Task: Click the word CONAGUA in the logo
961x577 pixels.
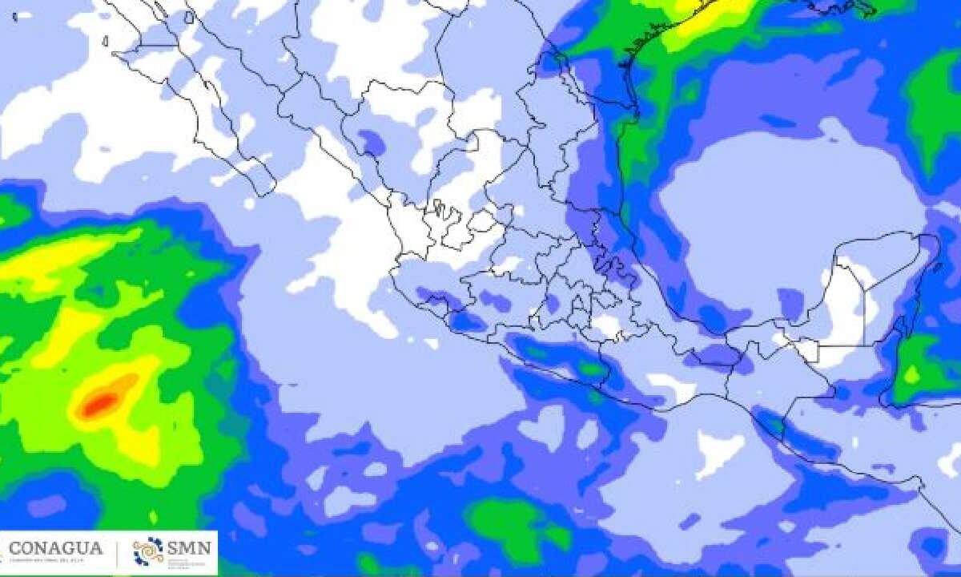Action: [55, 548]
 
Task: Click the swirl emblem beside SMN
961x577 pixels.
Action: [148, 551]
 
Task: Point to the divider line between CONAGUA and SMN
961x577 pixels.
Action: [119, 552]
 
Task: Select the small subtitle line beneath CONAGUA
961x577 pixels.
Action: [55, 562]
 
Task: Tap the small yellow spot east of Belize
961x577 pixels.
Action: [911, 373]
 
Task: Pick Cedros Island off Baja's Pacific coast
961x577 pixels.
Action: [105, 41]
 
